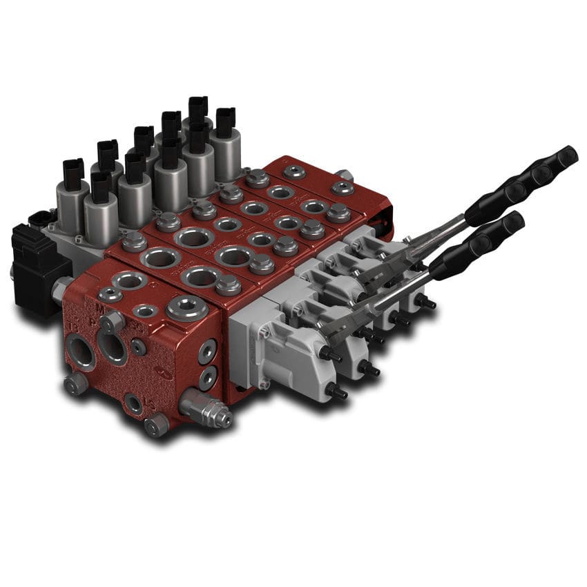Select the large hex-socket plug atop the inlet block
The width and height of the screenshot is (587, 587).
tap(187, 308)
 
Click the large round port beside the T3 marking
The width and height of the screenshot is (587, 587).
tap(81, 352)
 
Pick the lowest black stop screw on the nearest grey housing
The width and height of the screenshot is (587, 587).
tap(336, 392)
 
